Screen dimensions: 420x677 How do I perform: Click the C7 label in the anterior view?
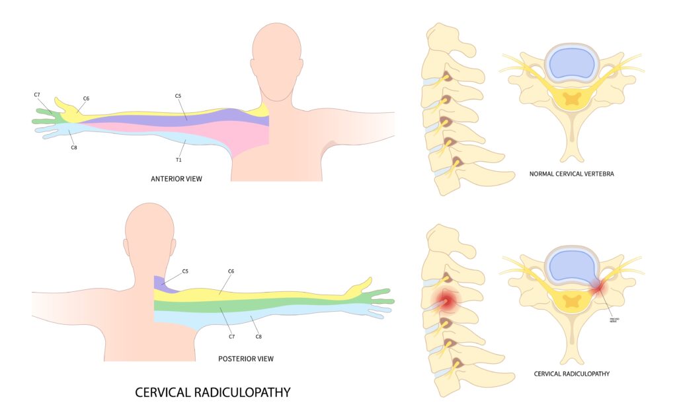pyautogui.click(x=37, y=95)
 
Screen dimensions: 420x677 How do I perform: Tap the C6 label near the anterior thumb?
pyautogui.click(x=86, y=98)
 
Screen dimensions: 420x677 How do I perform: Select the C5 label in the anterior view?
pyautogui.click(x=178, y=96)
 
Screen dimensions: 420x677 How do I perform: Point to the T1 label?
pyautogui.click(x=178, y=159)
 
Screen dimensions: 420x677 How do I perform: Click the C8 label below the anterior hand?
pyautogui.click(x=74, y=147)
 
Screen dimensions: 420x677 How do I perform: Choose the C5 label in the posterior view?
pyautogui.click(x=185, y=271)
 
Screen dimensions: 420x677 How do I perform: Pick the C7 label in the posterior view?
pyautogui.click(x=232, y=337)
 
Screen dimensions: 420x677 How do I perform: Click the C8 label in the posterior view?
pyautogui.click(x=259, y=337)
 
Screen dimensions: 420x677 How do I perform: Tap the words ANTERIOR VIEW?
pyautogui.click(x=176, y=178)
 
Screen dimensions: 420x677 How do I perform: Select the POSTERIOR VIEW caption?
pyautogui.click(x=245, y=359)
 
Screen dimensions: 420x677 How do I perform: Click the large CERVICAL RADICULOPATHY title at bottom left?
pyautogui.click(x=212, y=392)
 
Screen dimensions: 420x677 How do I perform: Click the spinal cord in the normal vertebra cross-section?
pyautogui.click(x=571, y=100)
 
